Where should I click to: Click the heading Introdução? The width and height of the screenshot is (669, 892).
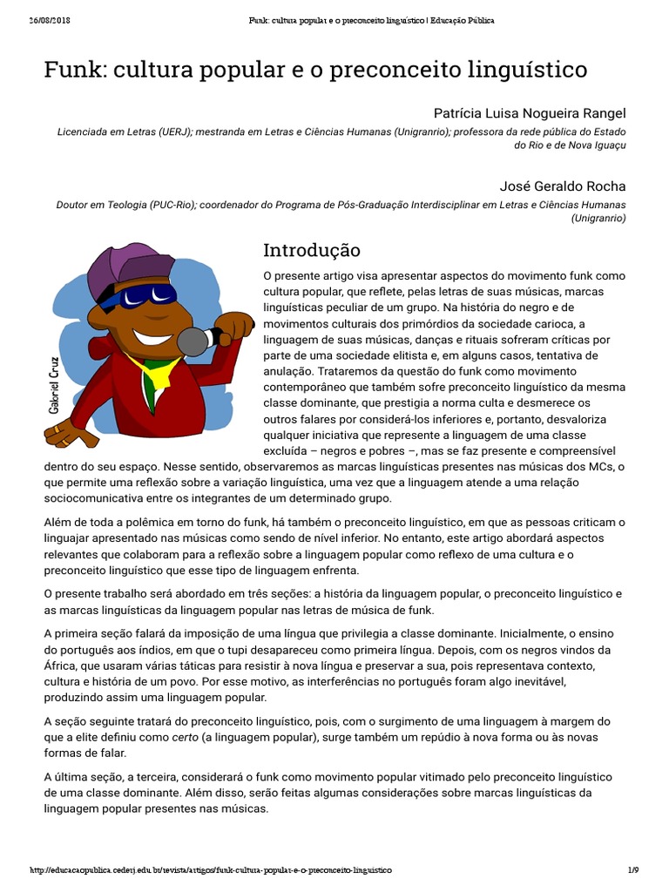312,251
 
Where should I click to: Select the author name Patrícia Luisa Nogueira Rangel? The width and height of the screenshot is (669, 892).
530,114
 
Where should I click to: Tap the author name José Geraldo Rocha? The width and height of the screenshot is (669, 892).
563,186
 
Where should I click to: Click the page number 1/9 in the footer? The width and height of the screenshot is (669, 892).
633,870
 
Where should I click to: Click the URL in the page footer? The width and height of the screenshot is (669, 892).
211,870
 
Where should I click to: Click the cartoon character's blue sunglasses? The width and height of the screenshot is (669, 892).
140,297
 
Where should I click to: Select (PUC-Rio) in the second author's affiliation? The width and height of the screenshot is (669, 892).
171,205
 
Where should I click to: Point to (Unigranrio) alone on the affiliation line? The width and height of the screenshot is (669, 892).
598,219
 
